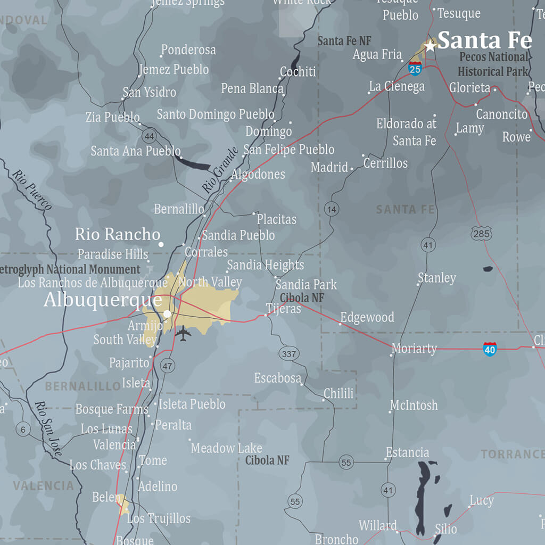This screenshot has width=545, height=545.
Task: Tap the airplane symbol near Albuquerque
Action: [183, 334]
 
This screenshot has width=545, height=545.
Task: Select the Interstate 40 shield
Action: [490, 349]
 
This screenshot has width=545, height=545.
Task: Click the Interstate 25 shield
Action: [415, 68]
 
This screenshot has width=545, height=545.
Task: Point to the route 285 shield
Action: [481, 233]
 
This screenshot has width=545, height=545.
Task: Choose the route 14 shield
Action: [331, 209]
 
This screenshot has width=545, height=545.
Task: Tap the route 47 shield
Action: [168, 366]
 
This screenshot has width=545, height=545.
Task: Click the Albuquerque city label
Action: [103, 300]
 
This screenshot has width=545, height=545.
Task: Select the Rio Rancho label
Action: [118, 234]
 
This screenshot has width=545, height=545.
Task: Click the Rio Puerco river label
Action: [32, 190]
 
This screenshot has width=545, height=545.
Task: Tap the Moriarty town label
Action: [414, 349]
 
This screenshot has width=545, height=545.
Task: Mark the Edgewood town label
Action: [367, 318]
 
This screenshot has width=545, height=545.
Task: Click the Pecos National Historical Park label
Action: [493, 64]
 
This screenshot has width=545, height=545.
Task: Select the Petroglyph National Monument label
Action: [70, 269]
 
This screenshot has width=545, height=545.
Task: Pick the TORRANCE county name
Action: [513, 454]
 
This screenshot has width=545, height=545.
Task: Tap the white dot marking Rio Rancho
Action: [161, 244]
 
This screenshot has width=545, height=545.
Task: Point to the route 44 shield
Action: [149, 136]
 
